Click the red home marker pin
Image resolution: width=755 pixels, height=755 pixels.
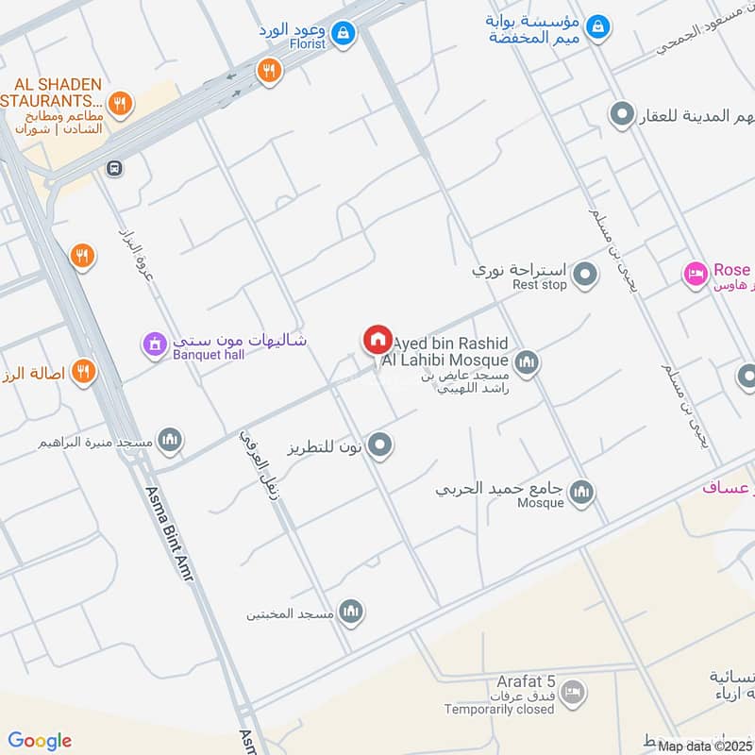(x=377, y=339)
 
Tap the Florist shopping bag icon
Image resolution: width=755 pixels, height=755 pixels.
(x=345, y=32)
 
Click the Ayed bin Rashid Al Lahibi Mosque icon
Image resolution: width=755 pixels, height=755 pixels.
(x=527, y=361)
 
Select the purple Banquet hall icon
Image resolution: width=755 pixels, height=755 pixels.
(x=151, y=344)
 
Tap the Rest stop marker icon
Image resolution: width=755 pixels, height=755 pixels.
(x=586, y=276)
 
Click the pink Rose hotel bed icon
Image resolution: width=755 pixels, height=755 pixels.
(x=696, y=274)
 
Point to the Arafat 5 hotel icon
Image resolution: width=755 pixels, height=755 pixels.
(x=572, y=695)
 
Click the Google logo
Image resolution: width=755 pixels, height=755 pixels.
(x=40, y=741)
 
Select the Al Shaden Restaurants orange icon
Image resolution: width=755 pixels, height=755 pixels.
(x=119, y=102)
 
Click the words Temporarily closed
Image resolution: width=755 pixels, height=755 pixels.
(x=506, y=709)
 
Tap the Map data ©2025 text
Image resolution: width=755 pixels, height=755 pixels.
(x=704, y=746)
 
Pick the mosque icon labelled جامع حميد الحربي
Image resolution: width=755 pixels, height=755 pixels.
(x=582, y=492)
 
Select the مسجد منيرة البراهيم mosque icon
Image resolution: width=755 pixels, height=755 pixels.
(x=170, y=440)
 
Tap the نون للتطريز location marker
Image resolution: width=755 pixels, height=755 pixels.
(x=380, y=445)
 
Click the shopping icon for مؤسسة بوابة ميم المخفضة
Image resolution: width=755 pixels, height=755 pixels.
(x=596, y=28)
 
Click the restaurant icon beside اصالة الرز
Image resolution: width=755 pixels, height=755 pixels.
(x=83, y=372)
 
